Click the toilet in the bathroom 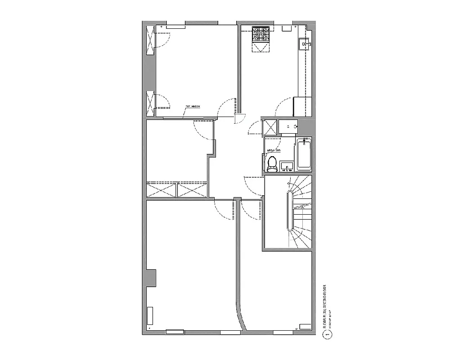[272, 164]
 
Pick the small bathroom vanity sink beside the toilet [287, 167]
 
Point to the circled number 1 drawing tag [328, 334]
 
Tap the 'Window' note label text [193, 107]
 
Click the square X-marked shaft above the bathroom [270, 127]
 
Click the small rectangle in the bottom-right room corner [305, 325]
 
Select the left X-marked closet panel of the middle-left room [162, 189]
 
